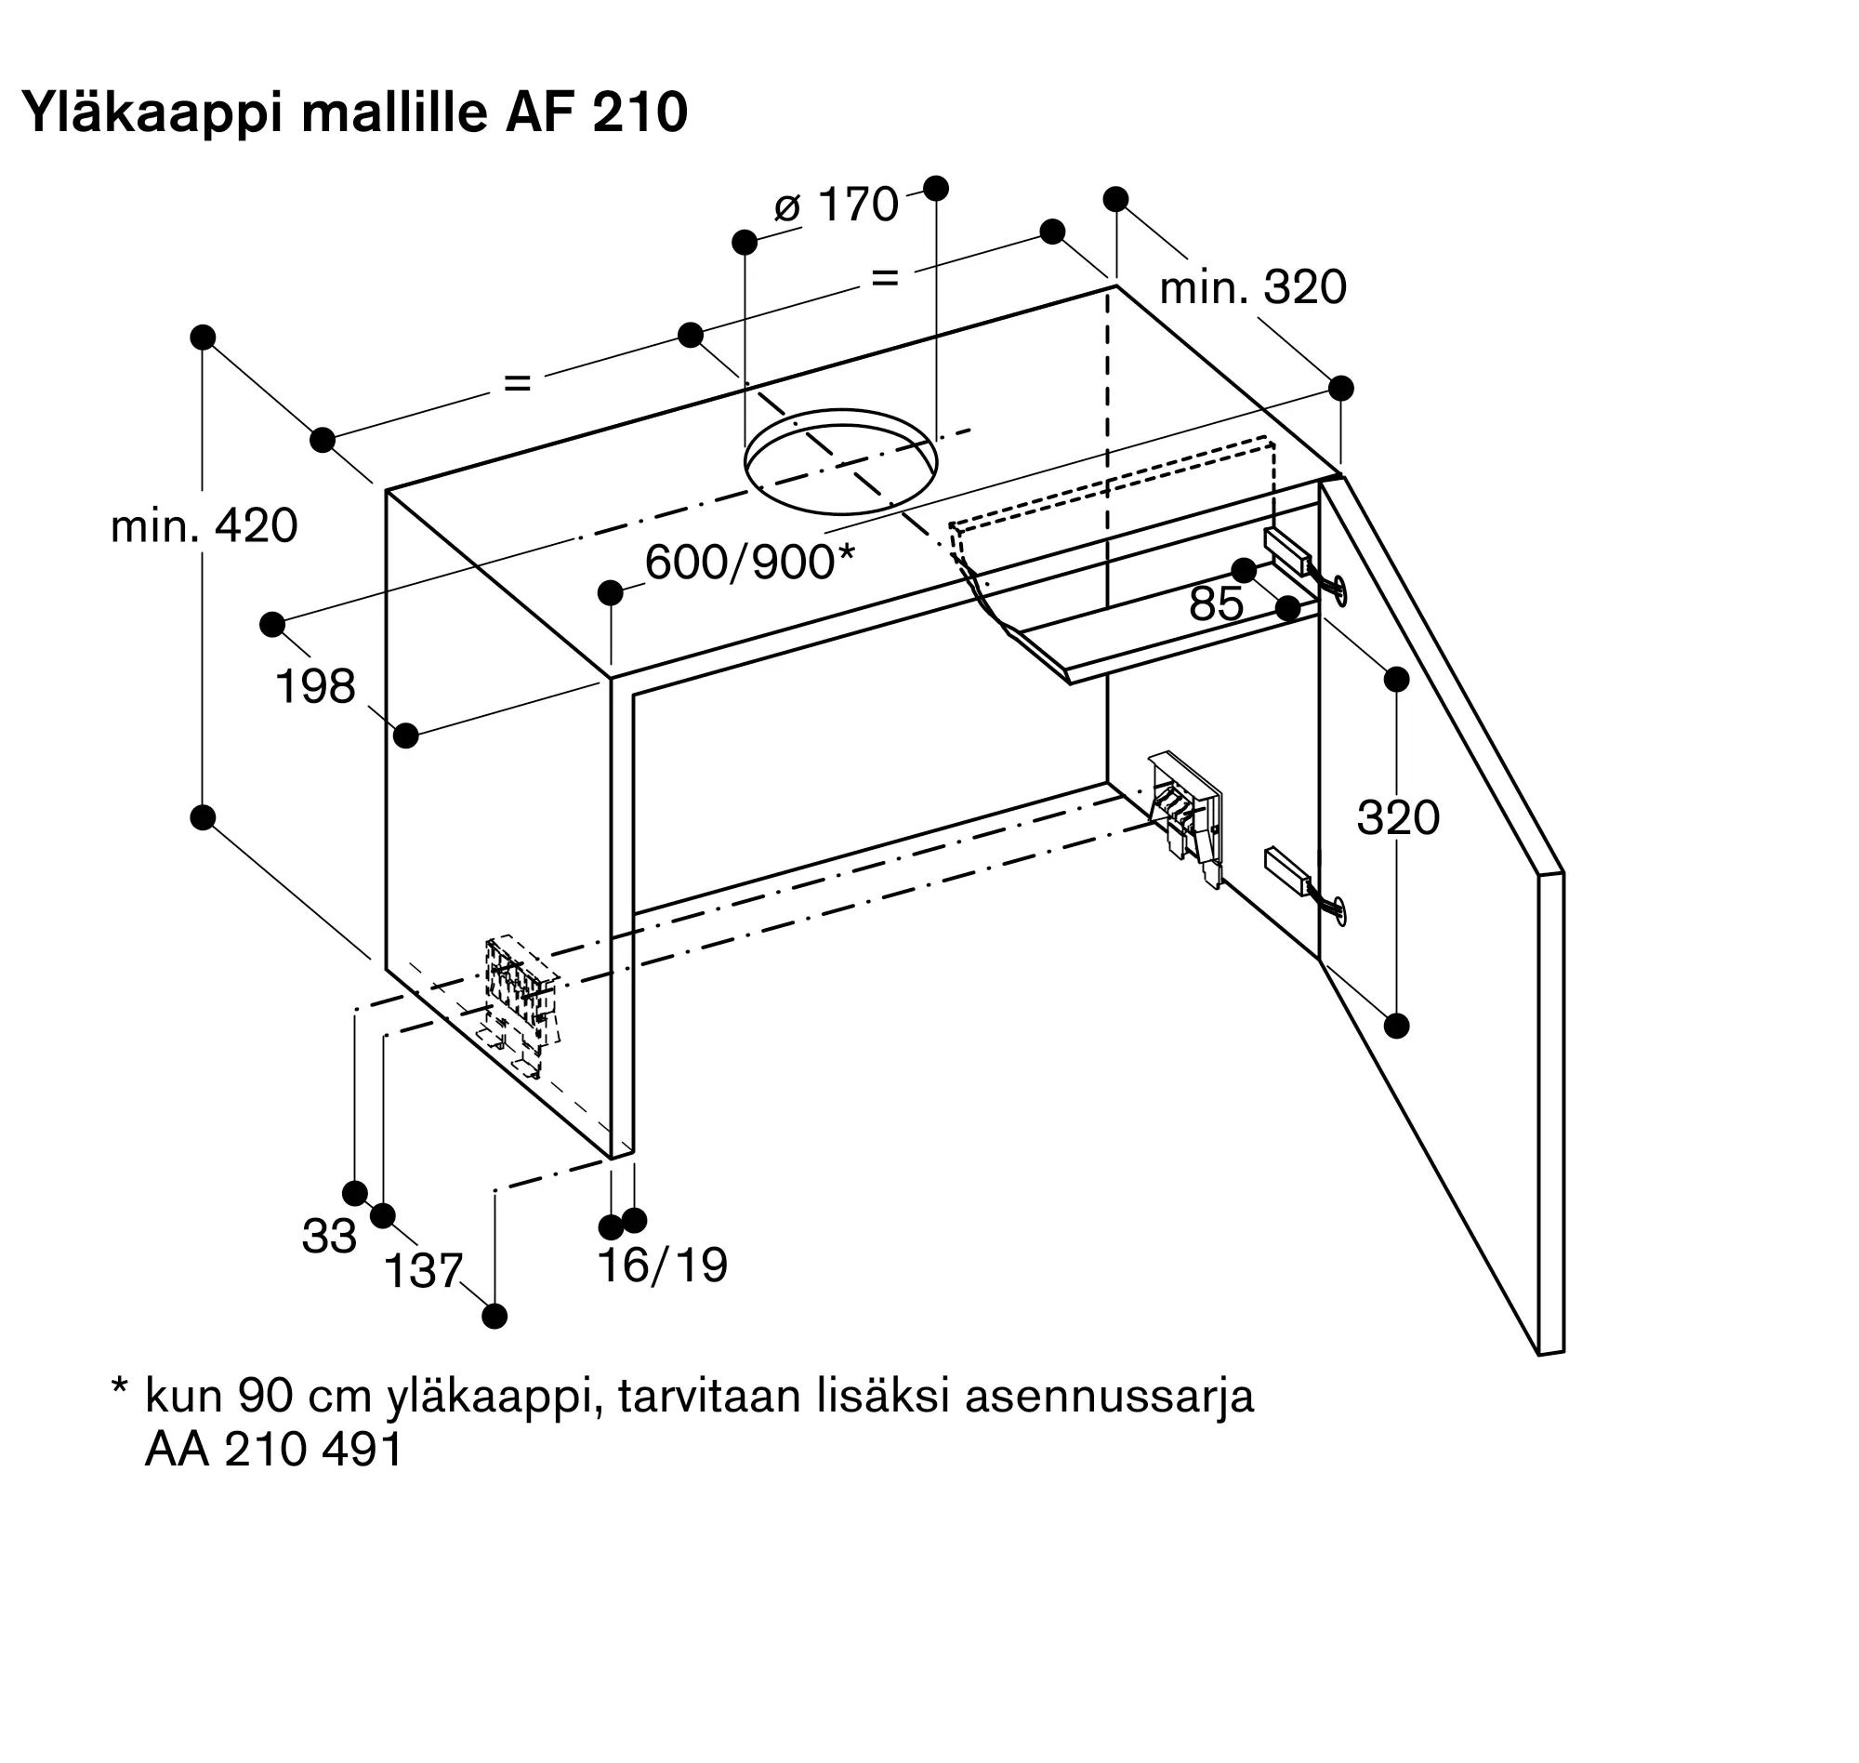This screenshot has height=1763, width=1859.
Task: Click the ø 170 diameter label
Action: coord(836,205)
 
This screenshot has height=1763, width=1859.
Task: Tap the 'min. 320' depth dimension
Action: coord(1253,287)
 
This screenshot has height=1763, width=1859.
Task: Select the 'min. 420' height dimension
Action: coord(204,526)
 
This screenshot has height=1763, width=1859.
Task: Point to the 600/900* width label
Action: coord(749,562)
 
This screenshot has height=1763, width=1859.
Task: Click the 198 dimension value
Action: coord(315,687)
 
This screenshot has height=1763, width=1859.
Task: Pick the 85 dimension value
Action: coord(1217,604)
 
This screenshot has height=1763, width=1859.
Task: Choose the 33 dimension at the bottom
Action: coord(329,1237)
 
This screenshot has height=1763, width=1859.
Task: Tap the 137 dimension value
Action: coord(424,1271)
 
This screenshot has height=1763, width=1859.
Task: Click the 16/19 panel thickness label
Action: coord(662,1266)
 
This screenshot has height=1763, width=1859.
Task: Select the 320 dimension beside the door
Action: coord(1398,817)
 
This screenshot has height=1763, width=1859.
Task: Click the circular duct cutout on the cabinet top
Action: coord(840,461)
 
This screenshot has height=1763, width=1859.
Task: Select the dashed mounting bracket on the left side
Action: coord(522,1006)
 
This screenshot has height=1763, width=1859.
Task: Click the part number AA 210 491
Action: coord(273,1449)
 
